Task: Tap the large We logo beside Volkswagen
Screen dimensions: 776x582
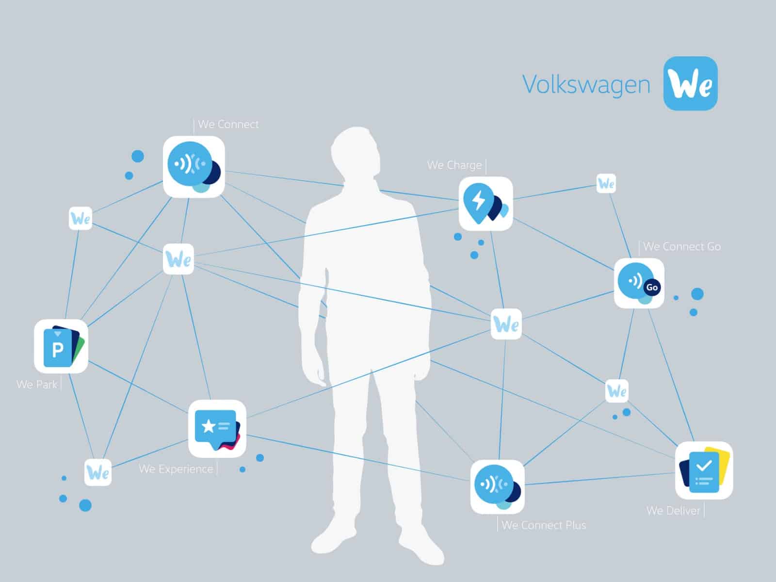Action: point(691,83)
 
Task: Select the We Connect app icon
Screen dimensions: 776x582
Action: point(194,167)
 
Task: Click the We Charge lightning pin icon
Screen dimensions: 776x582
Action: point(486,204)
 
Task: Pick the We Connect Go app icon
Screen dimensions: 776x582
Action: point(639,283)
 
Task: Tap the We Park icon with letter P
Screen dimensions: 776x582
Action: point(61,346)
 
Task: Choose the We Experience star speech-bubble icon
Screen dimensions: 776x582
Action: point(217,428)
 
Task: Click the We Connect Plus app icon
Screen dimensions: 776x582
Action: point(498,486)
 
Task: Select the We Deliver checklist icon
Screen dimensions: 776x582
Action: point(704,470)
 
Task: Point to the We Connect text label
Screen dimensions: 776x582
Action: point(228,124)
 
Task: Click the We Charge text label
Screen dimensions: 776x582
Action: point(454,165)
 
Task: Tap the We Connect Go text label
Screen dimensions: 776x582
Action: point(682,246)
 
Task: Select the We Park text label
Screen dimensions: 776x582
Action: point(37,385)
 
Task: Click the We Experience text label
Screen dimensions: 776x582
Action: point(176,469)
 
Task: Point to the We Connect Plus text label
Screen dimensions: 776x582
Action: point(544,525)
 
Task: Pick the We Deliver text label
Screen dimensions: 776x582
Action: point(673,511)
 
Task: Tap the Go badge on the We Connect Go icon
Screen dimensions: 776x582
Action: point(652,287)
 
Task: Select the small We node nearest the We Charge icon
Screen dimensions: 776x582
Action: point(606,183)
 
